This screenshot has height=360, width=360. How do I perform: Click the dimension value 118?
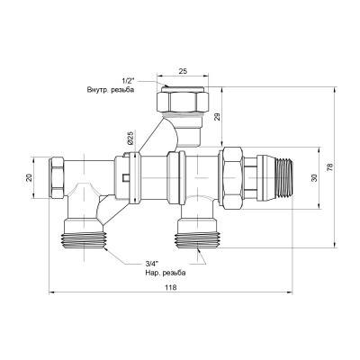[x=171, y=287]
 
